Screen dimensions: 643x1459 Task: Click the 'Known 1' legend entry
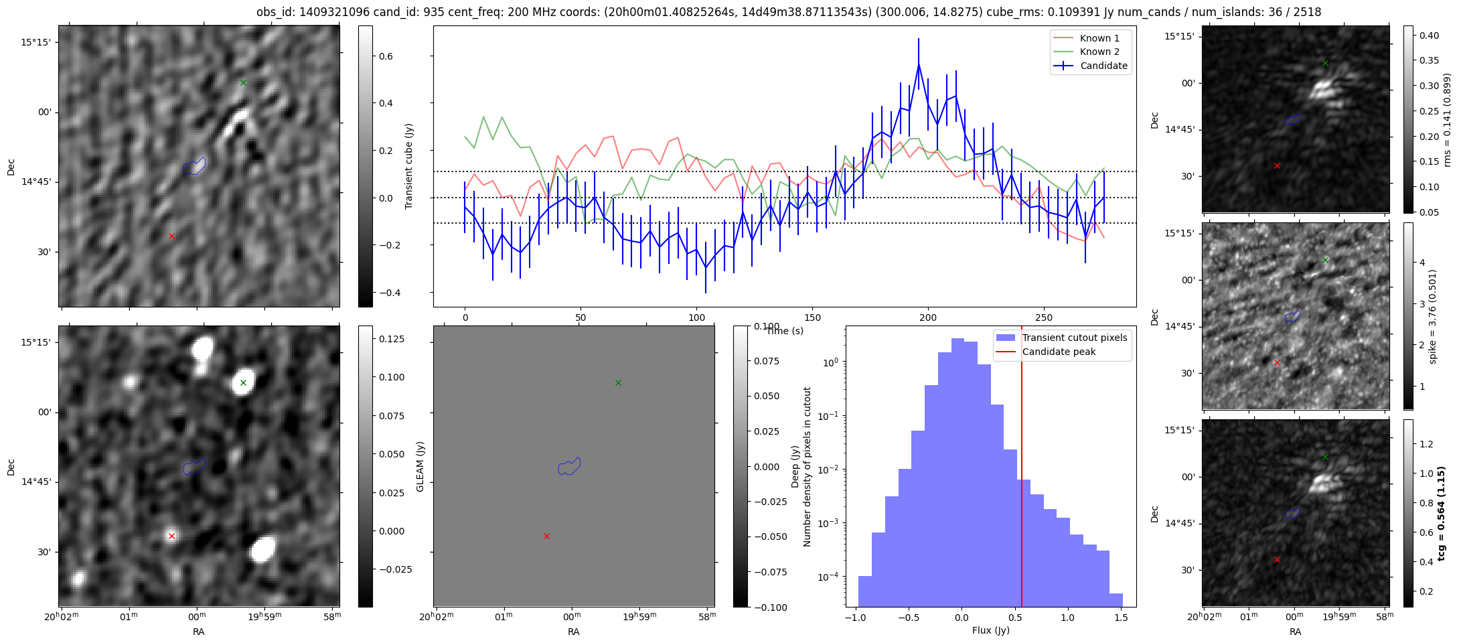click(x=1099, y=38)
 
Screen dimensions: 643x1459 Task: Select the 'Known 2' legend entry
click(x=1099, y=52)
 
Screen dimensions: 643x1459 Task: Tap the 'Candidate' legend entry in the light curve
click(x=1103, y=66)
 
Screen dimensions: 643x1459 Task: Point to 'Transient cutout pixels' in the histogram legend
click(x=1074, y=338)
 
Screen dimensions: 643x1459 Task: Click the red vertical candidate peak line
click(x=1022, y=469)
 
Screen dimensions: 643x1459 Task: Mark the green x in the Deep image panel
click(x=243, y=383)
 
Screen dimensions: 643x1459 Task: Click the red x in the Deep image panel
click(x=171, y=536)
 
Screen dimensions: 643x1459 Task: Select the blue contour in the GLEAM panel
click(x=569, y=466)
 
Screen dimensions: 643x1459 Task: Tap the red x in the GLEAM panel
click(x=546, y=536)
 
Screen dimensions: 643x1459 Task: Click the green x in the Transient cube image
click(x=243, y=83)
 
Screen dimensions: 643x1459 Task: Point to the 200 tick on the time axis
click(x=928, y=317)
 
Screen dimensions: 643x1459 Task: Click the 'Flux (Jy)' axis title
click(x=990, y=630)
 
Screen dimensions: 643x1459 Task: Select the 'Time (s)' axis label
click(x=785, y=331)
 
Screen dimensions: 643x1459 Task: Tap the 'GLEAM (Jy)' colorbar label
click(x=420, y=466)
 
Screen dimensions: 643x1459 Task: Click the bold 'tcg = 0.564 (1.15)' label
click(x=1442, y=513)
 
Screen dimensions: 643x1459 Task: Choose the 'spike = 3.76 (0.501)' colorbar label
click(x=1432, y=316)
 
